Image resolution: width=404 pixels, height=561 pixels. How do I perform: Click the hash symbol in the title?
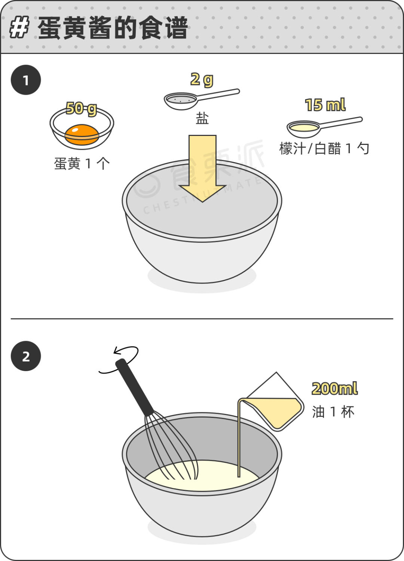click(19, 28)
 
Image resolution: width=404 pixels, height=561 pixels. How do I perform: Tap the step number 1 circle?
click(26, 80)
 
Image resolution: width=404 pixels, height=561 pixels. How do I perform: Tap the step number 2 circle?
click(26, 356)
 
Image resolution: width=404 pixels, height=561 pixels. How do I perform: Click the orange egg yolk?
click(82, 134)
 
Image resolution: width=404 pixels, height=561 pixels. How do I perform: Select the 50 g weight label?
click(81, 109)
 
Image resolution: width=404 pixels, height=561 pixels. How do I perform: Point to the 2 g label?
click(202, 79)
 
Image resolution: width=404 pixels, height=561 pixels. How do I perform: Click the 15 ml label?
click(325, 105)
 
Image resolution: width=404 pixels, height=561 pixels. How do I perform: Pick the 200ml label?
click(334, 389)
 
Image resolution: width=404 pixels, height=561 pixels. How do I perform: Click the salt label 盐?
click(202, 119)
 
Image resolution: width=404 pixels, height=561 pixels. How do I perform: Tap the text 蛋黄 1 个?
click(82, 164)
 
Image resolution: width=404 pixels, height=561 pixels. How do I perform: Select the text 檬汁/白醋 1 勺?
click(324, 149)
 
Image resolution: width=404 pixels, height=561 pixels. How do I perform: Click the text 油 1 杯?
click(333, 412)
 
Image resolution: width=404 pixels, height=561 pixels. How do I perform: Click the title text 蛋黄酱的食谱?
click(112, 28)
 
